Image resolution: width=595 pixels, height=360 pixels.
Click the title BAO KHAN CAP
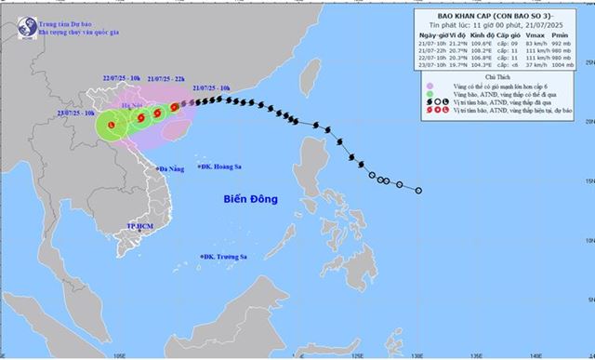tap(493, 16)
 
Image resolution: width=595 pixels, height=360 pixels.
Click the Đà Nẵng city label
tap(173, 168)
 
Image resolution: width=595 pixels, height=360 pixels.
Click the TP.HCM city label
tap(139, 226)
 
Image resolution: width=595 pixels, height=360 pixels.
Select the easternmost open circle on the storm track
tap(418, 190)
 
